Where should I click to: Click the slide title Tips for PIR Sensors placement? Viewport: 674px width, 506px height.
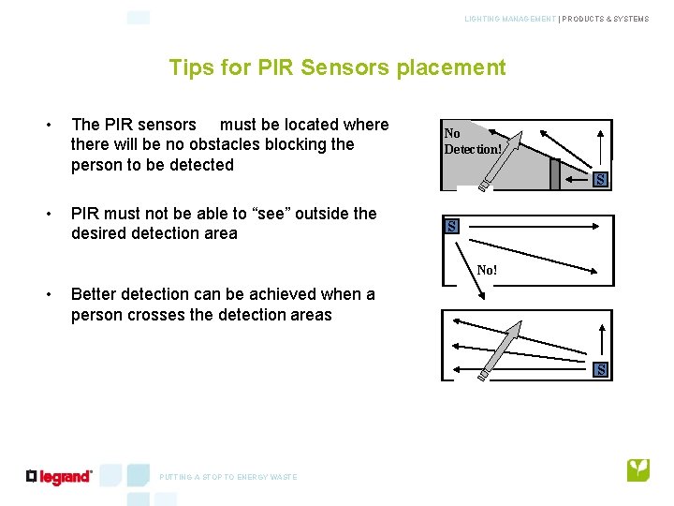pos(337,67)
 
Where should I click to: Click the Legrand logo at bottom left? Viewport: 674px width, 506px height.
pos(60,477)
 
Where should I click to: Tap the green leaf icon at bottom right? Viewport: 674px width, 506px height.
pos(638,469)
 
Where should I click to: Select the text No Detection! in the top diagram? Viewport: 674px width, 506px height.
pos(473,141)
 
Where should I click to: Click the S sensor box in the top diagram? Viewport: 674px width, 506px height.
pos(600,180)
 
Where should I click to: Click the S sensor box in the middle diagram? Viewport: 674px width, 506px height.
pos(451,226)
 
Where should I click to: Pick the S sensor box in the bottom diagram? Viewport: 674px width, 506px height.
pos(601,370)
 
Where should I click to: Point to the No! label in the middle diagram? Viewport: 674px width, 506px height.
pos(487,270)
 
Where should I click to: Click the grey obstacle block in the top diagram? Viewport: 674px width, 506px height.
pos(554,173)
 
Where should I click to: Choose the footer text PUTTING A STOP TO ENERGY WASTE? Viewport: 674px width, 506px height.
pos(228,477)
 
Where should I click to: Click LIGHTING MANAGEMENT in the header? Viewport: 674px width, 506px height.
pos(509,19)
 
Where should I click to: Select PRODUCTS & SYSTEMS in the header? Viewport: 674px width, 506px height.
pos(606,19)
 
